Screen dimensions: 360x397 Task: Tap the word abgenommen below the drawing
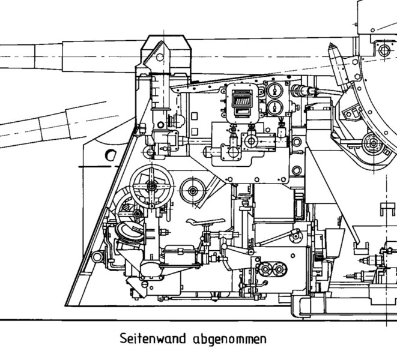230,340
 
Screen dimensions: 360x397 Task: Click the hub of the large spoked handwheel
151,185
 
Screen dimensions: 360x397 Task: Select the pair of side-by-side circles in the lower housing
272,269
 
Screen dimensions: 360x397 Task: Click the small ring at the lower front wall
95,257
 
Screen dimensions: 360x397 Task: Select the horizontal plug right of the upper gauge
300,91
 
